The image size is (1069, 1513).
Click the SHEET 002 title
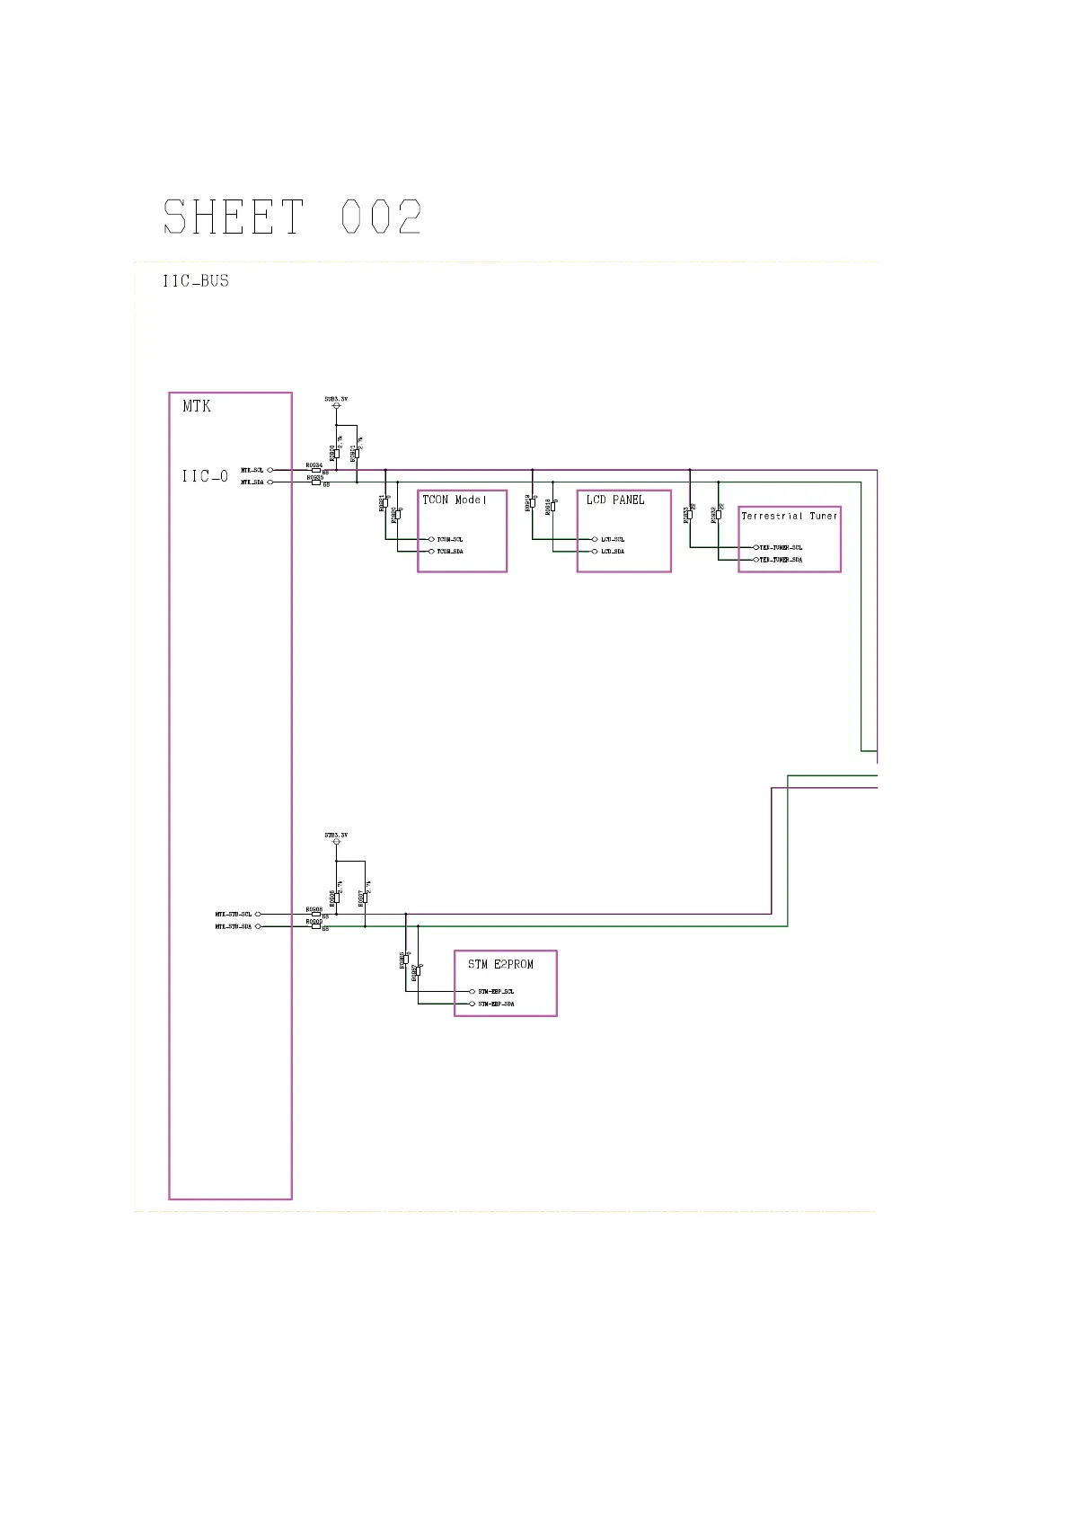(x=292, y=217)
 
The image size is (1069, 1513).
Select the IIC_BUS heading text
(x=196, y=281)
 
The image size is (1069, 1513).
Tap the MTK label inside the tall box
(x=197, y=406)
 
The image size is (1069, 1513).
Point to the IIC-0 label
(x=205, y=476)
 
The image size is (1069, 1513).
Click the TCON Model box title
(x=454, y=500)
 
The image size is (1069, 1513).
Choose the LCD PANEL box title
(x=615, y=500)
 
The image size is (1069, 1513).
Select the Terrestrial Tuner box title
(x=789, y=516)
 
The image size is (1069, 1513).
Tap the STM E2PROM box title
(x=500, y=964)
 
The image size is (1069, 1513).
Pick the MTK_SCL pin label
(x=252, y=470)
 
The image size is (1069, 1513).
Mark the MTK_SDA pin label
(x=252, y=482)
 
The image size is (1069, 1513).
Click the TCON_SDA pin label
(x=450, y=552)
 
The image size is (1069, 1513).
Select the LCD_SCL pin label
(x=613, y=539)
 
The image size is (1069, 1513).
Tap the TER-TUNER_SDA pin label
(x=781, y=560)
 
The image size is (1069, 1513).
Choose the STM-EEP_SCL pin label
(x=496, y=992)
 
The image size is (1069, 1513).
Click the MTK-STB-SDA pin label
(x=234, y=926)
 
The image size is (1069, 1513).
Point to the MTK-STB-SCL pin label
(x=234, y=915)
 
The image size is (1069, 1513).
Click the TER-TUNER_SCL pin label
(x=781, y=547)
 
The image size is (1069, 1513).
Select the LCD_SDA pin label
(x=613, y=552)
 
